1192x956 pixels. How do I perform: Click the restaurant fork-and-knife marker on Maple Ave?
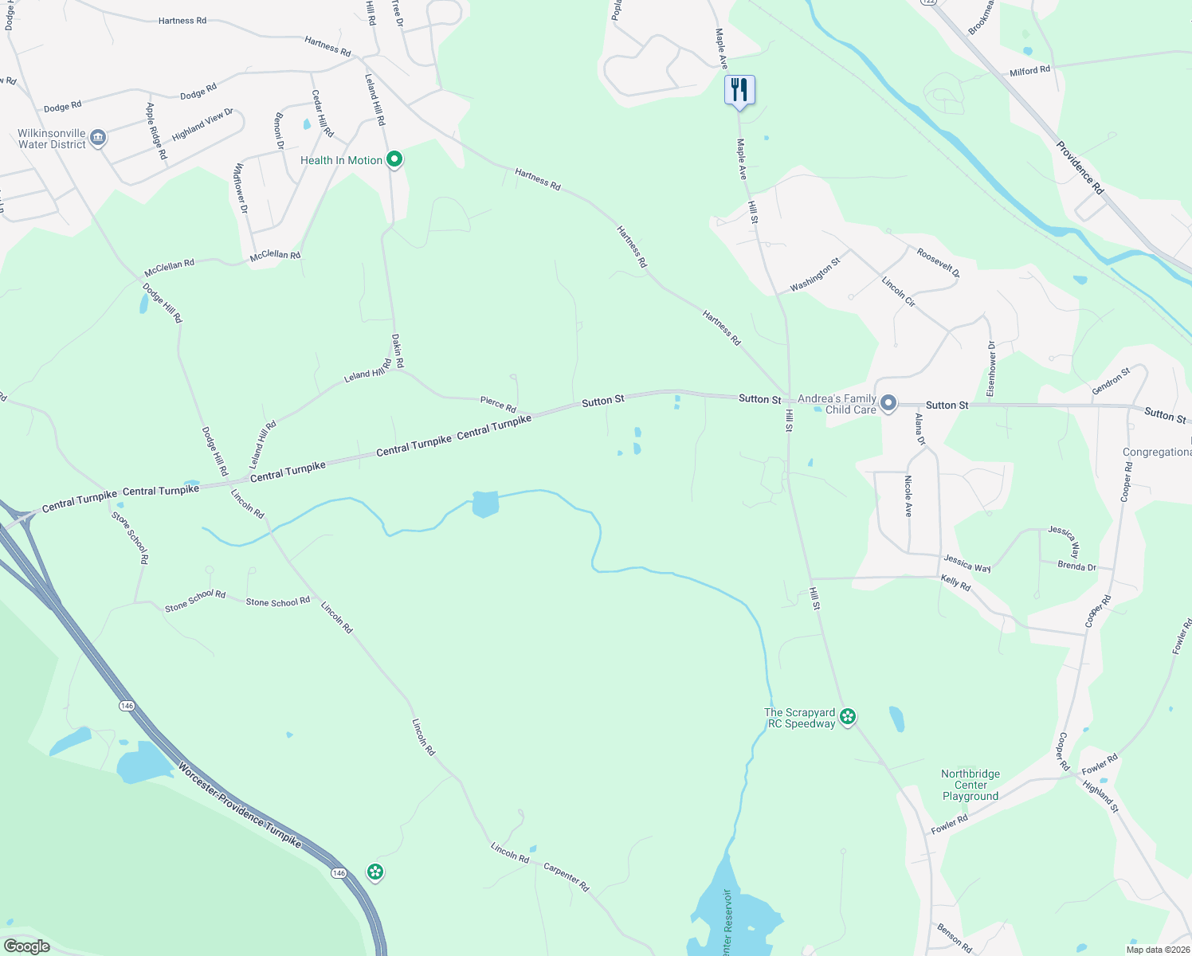tap(739, 91)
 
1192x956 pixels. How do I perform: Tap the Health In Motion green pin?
tap(394, 160)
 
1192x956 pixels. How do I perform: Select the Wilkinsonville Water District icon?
tap(98, 138)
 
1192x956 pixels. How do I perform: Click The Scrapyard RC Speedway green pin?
tap(848, 717)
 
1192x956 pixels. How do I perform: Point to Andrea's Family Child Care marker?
tap(888, 404)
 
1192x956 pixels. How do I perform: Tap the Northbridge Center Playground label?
tap(970, 785)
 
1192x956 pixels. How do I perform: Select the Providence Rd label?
tap(1080, 167)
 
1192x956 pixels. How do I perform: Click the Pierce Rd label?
tap(498, 405)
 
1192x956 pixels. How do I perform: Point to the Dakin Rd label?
tap(398, 351)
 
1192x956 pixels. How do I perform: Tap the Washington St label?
tap(815, 274)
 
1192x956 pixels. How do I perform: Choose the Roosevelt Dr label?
tap(938, 263)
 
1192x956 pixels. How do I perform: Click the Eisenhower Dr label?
tap(991, 369)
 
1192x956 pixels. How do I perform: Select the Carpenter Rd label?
tap(566, 876)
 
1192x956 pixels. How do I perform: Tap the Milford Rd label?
tap(1029, 71)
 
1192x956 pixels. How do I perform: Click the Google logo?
tap(27, 946)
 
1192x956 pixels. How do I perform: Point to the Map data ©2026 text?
tap(1157, 950)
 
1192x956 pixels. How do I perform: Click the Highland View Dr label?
tap(202, 125)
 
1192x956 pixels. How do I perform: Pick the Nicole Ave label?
tap(908, 496)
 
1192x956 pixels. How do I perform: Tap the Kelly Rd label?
tap(955, 583)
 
